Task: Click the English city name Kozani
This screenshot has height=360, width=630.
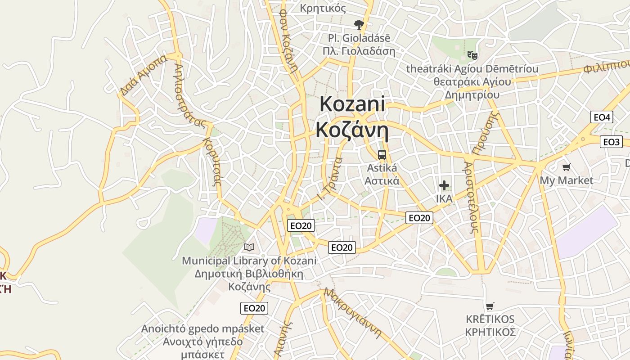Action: point(352,104)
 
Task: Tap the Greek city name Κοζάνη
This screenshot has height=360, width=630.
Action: point(352,130)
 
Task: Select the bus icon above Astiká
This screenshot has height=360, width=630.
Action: point(382,155)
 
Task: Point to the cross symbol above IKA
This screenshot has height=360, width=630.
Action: point(444,185)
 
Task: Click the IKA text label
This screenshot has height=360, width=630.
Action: point(444,198)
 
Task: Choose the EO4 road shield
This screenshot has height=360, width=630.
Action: point(602,117)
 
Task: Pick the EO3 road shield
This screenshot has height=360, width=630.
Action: point(611,142)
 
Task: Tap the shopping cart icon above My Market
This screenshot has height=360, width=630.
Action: point(567,167)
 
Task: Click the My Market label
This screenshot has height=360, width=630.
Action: point(567,180)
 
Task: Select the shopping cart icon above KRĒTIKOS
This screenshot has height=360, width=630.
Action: point(490,306)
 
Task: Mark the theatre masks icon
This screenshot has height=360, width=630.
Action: point(472,55)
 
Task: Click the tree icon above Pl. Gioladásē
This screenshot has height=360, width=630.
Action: point(359,24)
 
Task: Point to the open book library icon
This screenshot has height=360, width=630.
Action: point(249,247)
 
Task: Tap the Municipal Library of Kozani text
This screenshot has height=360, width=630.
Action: point(249,261)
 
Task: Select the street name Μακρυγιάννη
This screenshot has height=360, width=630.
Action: point(353,313)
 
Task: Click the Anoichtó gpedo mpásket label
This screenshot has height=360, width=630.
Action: point(202,328)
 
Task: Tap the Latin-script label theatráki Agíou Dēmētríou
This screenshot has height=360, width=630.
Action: point(472,69)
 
